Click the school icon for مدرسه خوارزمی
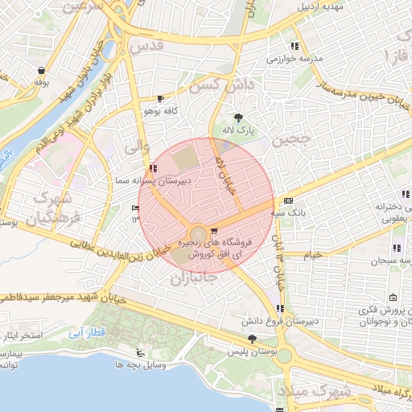click(295, 46)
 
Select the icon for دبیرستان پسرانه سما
click(153, 169)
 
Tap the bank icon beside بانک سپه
click(288, 200)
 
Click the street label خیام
click(312, 254)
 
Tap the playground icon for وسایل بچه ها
click(140, 352)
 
